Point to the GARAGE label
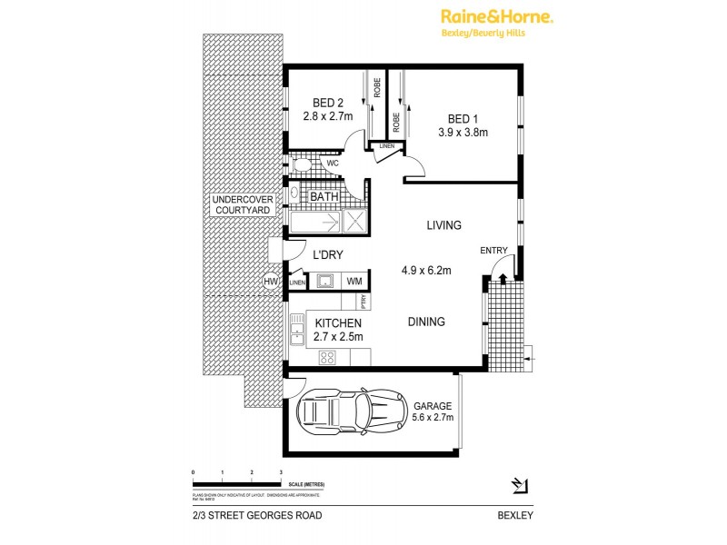pos(433,406)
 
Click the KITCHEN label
pos(339,323)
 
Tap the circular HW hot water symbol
pos(270,282)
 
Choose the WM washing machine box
pos(354,282)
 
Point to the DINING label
pos(425,322)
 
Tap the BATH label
pos(325,197)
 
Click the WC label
pos(333,163)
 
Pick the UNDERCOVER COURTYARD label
pos(237,205)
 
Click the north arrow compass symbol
pos(520,483)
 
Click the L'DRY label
pos(329,256)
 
